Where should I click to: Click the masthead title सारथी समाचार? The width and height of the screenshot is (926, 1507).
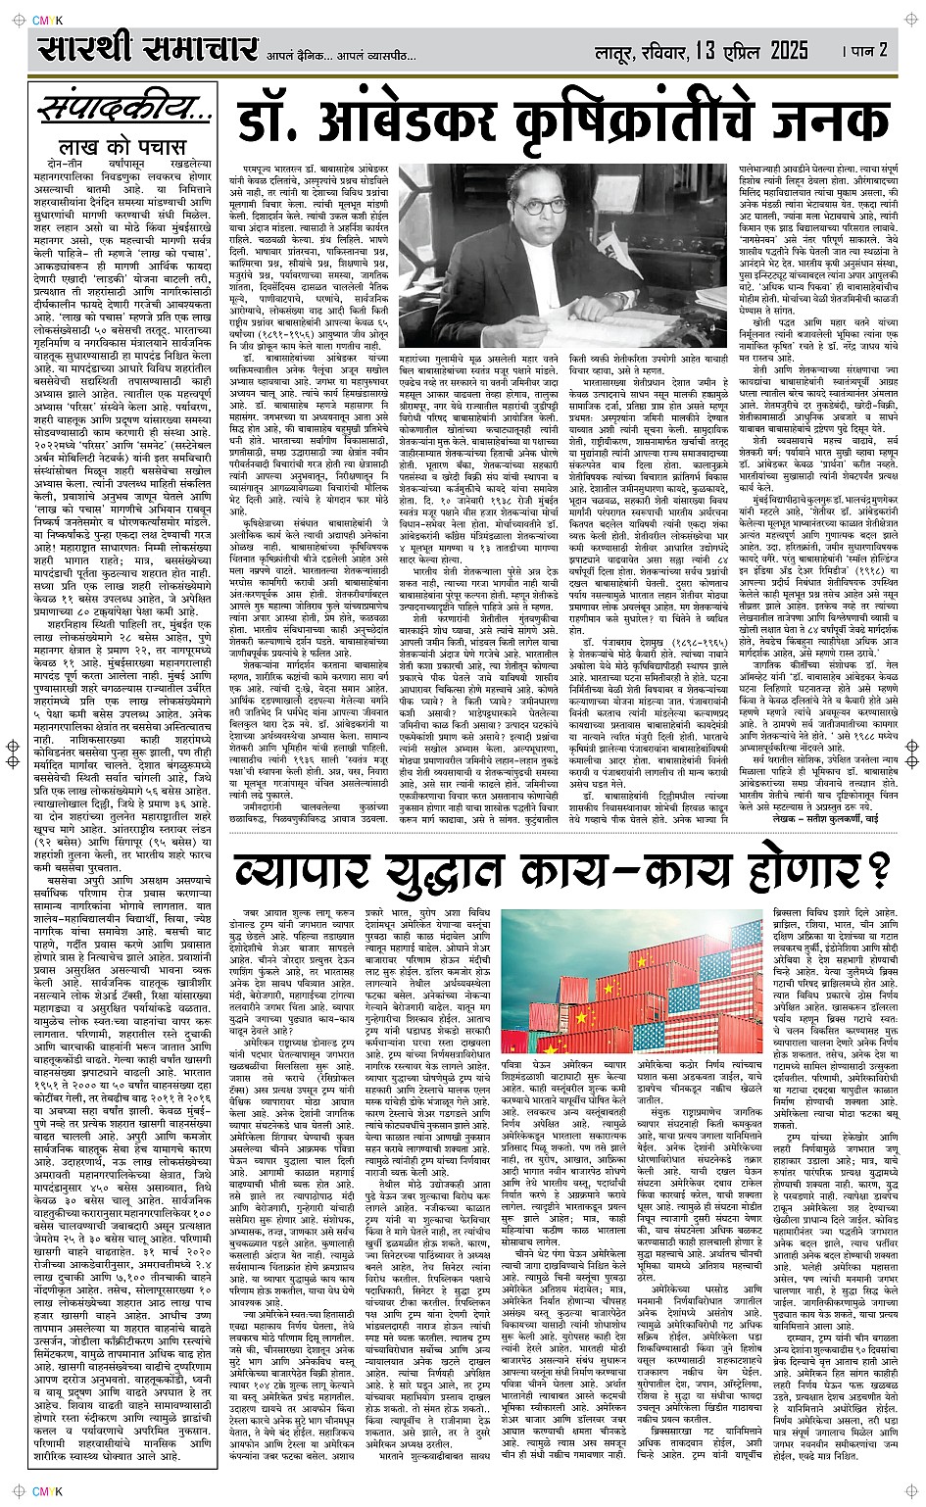(147, 48)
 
